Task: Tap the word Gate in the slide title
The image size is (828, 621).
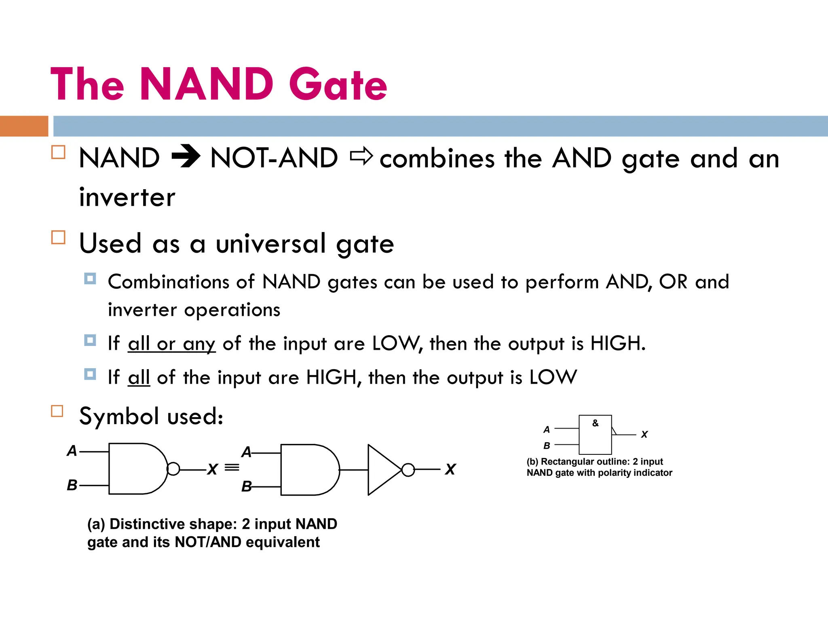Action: (x=338, y=85)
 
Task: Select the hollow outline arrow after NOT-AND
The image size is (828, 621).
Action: (x=361, y=156)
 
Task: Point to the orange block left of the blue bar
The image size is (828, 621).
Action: (x=24, y=126)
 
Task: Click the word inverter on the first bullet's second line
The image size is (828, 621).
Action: (x=127, y=197)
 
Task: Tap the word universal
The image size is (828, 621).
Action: (x=270, y=243)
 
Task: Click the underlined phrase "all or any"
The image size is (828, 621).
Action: (x=171, y=344)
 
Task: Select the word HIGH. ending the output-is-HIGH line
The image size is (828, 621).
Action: (x=617, y=343)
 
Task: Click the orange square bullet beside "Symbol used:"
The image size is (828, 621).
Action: (x=57, y=411)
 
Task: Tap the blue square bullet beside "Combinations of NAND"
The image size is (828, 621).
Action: (x=90, y=279)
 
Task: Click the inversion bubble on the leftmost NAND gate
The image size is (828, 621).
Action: (x=173, y=469)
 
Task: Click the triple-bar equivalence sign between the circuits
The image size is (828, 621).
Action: (x=232, y=468)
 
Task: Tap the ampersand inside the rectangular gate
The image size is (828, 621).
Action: (x=595, y=423)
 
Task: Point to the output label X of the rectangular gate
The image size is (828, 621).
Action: (x=644, y=435)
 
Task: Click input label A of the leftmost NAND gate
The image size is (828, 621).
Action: (x=72, y=450)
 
